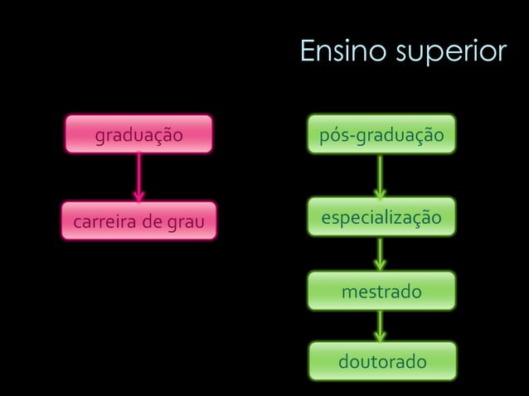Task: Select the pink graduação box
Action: pyautogui.click(x=138, y=134)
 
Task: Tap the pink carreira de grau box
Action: pyautogui.click(x=138, y=221)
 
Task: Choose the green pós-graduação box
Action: pyautogui.click(x=381, y=134)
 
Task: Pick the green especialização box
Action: pyautogui.click(x=381, y=218)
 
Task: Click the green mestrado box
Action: pyautogui.click(x=381, y=292)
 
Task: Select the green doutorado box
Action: pyautogui.click(x=381, y=362)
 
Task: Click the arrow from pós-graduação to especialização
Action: pyautogui.click(x=380, y=176)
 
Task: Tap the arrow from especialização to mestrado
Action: pyautogui.click(x=380, y=254)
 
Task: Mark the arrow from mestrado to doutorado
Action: pyautogui.click(x=380, y=326)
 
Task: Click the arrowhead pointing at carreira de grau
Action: pyautogui.click(x=138, y=196)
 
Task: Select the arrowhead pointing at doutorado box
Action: pyautogui.click(x=380, y=336)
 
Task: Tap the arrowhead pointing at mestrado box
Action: pyautogui.click(x=380, y=265)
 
